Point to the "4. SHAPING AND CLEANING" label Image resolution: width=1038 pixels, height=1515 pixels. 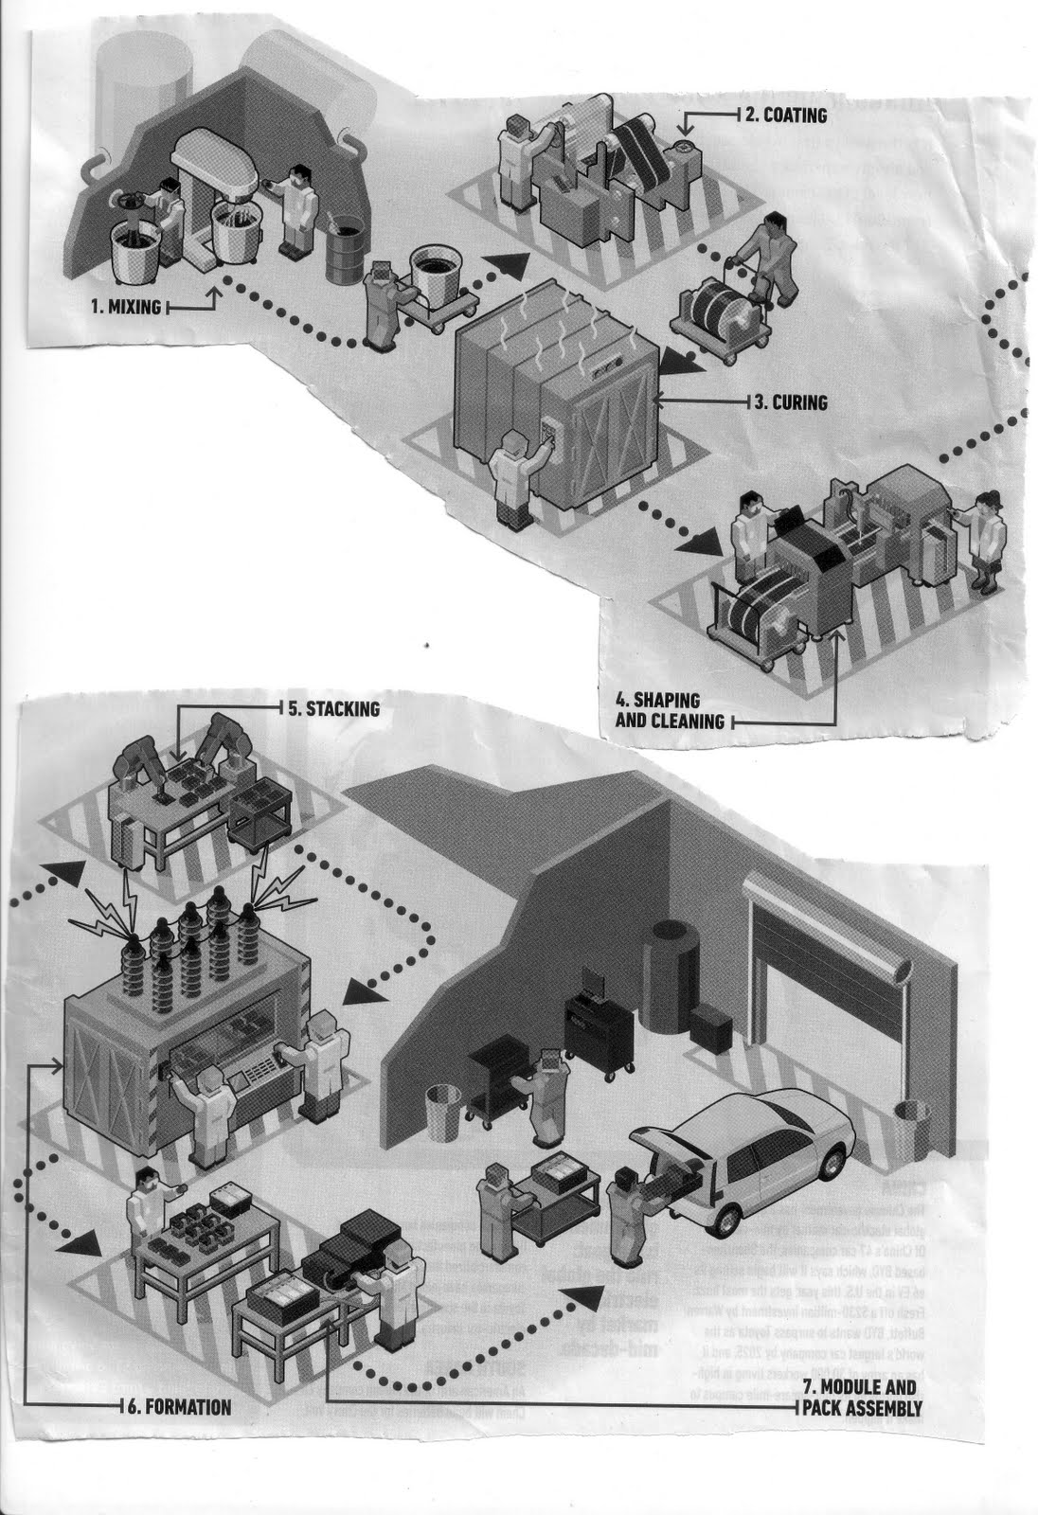tap(671, 711)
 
